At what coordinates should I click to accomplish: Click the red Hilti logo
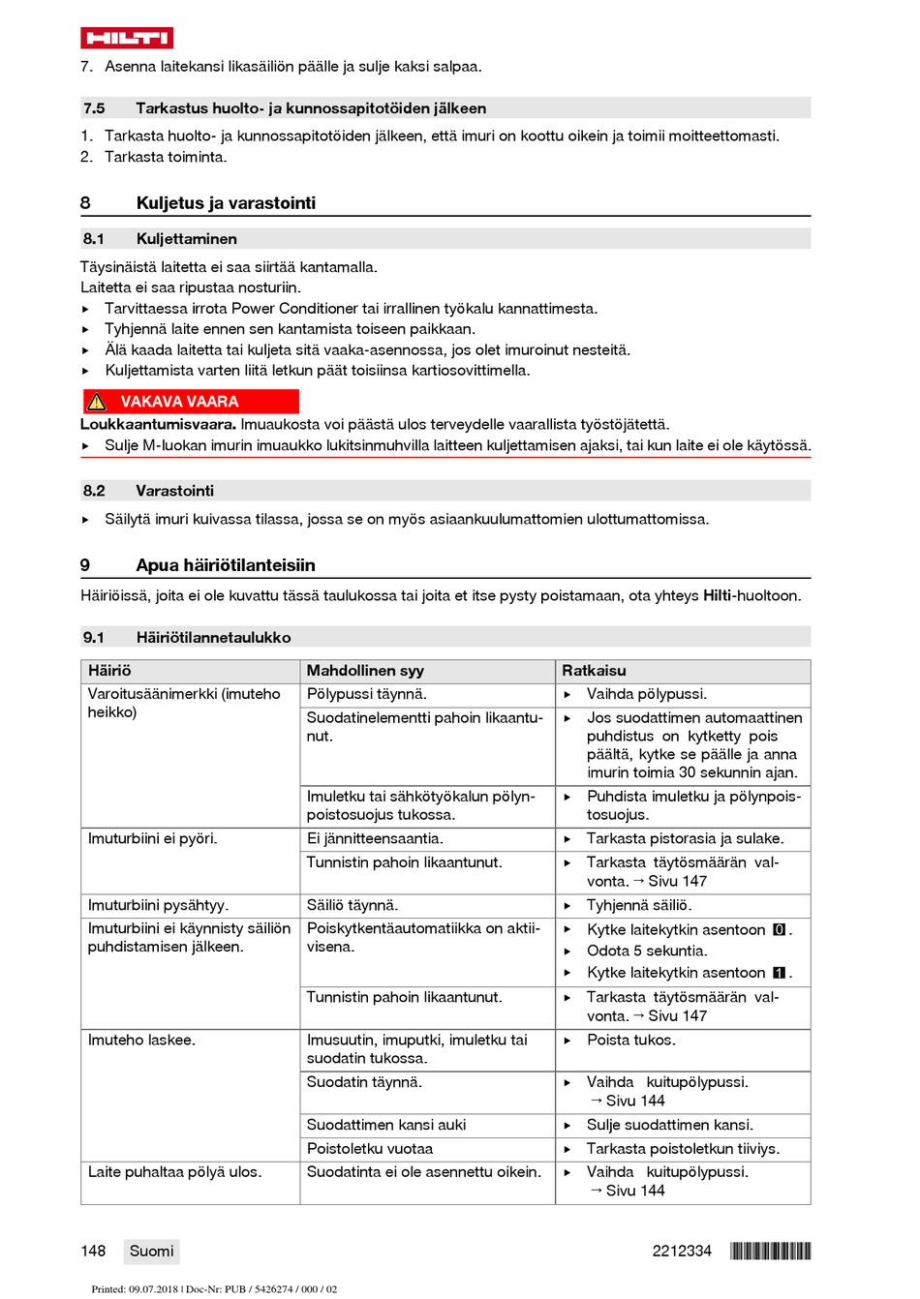[x=127, y=38]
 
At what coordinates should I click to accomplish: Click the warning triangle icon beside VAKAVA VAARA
[x=97, y=402]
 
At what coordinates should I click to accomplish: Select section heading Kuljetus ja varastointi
[x=226, y=203]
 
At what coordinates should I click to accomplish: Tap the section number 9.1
[x=93, y=638]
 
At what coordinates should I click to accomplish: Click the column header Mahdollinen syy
[x=365, y=671]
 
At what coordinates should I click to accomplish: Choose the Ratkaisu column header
[x=594, y=671]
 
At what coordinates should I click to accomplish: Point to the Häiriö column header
[x=109, y=671]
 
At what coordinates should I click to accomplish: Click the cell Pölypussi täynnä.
[x=366, y=694]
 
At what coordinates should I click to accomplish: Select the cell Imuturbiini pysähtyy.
[x=158, y=906]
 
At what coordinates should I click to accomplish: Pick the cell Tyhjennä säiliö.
[x=639, y=906]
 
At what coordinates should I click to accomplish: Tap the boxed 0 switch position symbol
[x=779, y=930]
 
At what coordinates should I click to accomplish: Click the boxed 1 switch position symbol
[x=779, y=973]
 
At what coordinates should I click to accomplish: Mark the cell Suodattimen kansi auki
[x=385, y=1125]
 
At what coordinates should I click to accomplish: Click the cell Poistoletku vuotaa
[x=369, y=1149]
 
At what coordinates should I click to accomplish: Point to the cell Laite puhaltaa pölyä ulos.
[x=174, y=1172]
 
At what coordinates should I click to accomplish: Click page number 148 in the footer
[x=93, y=1252]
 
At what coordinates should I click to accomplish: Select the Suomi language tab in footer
[x=152, y=1252]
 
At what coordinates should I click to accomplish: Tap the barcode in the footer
[x=770, y=1252]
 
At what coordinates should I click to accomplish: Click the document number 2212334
[x=681, y=1252]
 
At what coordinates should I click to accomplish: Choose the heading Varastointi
[x=174, y=491]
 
